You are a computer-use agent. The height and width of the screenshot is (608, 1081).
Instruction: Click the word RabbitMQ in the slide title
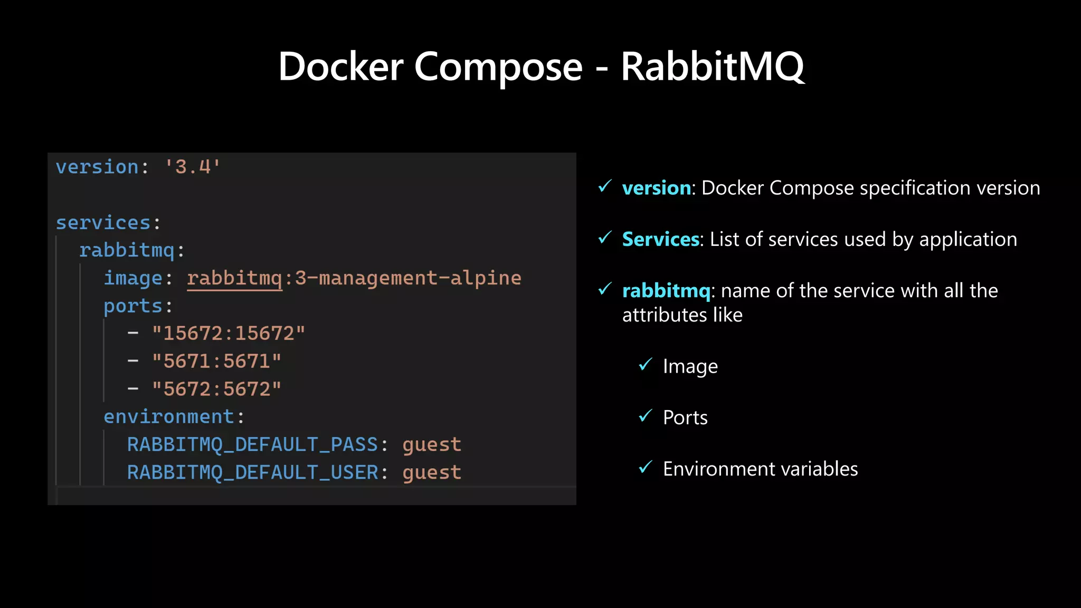pos(712,67)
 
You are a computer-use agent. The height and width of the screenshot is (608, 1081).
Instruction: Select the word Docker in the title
pos(340,67)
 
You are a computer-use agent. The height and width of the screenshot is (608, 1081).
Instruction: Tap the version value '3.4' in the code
pos(193,167)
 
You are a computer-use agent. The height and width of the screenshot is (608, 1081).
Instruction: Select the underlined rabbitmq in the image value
pos(234,278)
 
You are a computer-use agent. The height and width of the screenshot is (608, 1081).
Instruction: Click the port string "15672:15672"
pos(229,334)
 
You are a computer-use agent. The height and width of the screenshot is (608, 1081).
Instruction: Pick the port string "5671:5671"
pos(216,362)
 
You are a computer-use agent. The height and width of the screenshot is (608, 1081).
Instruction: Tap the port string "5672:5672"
pos(216,389)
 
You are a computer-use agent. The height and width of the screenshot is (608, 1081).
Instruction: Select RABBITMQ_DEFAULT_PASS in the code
pos(252,445)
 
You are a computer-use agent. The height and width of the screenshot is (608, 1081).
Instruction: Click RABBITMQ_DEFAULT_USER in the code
pos(252,473)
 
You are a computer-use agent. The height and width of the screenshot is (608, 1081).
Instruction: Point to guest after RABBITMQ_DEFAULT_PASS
pos(432,445)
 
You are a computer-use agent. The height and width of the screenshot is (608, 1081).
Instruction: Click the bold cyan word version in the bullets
pos(657,188)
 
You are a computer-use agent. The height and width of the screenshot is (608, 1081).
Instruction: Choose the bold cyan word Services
pos(661,239)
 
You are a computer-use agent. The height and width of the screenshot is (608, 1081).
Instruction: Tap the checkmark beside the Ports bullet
pos(646,416)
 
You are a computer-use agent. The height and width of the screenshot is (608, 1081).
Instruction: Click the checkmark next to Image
pos(646,365)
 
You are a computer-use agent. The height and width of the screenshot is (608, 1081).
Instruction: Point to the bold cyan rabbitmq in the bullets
pos(666,291)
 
